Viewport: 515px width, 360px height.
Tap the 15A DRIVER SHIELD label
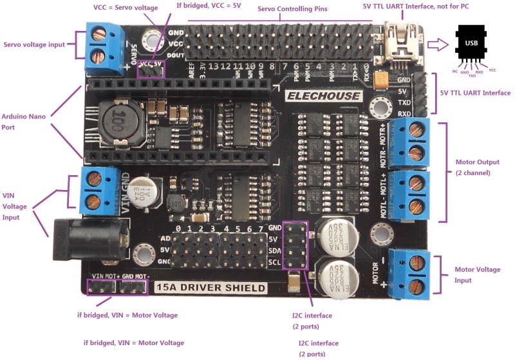pyautogui.click(x=211, y=288)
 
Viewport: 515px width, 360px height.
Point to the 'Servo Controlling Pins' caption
pyautogui.click(x=292, y=9)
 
